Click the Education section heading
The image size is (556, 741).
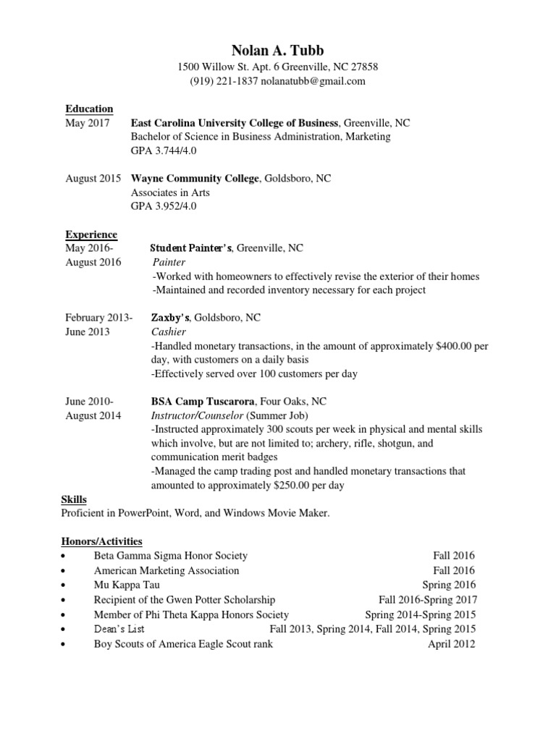click(89, 109)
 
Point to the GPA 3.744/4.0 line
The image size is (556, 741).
click(164, 151)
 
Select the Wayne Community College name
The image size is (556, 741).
click(194, 179)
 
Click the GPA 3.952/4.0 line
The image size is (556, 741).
click(164, 206)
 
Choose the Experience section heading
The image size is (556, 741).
click(91, 234)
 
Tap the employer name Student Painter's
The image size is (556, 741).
click(191, 248)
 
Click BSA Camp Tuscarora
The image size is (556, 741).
click(203, 402)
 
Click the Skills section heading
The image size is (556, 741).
click(74, 500)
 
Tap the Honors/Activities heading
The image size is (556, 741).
click(104, 541)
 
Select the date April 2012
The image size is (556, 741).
click(451, 644)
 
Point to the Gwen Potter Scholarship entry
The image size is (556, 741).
click(185, 600)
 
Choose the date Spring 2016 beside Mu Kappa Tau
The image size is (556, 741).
click(448, 585)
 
